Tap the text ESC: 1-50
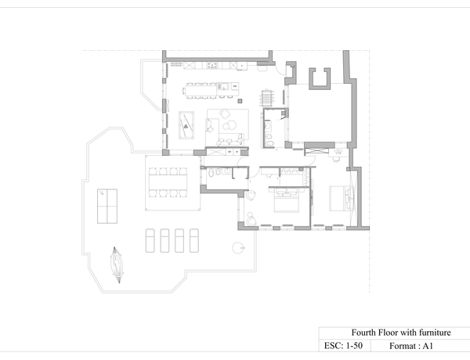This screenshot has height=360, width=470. (x=343, y=346)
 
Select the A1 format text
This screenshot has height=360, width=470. (x=411, y=346)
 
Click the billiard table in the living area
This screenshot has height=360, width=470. (x=186, y=125)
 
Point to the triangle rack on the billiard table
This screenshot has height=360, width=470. (x=186, y=126)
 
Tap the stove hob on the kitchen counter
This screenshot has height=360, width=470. (x=212, y=65)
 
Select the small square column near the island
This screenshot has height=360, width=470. (x=240, y=101)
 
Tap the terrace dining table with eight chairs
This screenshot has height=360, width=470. (x=168, y=182)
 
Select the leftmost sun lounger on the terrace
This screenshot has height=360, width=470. (x=150, y=240)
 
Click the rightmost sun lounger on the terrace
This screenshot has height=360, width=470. (x=194, y=240)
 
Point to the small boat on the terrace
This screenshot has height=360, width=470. (x=117, y=265)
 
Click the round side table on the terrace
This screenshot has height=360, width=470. (x=237, y=247)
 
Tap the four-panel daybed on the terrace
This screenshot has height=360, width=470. (x=107, y=206)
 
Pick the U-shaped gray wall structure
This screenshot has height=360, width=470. (x=320, y=78)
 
